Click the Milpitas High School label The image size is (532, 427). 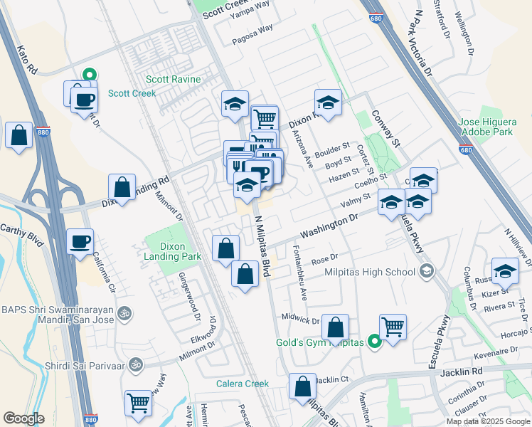[x=370, y=272]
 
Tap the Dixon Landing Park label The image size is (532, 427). [x=163, y=251]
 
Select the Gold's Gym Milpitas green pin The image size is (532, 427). [x=376, y=343]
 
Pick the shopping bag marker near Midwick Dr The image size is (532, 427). [x=336, y=328]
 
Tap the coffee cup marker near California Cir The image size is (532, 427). [x=80, y=241]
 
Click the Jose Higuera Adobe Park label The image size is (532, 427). [x=486, y=127]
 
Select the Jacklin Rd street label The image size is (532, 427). [x=466, y=371]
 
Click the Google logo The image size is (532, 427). [x=23, y=418]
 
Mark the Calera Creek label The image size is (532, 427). [x=243, y=384]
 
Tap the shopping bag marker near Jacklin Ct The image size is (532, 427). [x=302, y=388]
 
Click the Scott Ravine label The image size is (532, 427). [x=174, y=80]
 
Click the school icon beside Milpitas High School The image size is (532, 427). [x=426, y=270]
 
